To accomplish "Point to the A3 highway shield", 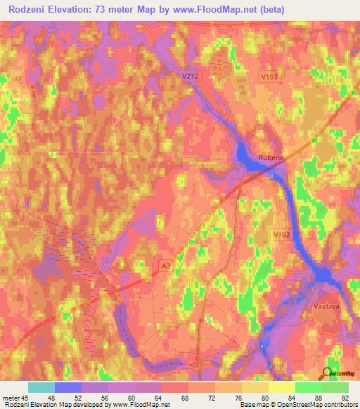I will pyautogui.click(x=165, y=265).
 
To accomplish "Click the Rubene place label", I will pyautogui.click(x=271, y=158).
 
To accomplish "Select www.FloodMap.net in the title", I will pyautogui.click(x=210, y=9).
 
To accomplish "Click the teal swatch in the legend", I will pyautogui.click(x=41, y=387).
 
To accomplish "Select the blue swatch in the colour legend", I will pyautogui.click(x=68, y=387).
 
